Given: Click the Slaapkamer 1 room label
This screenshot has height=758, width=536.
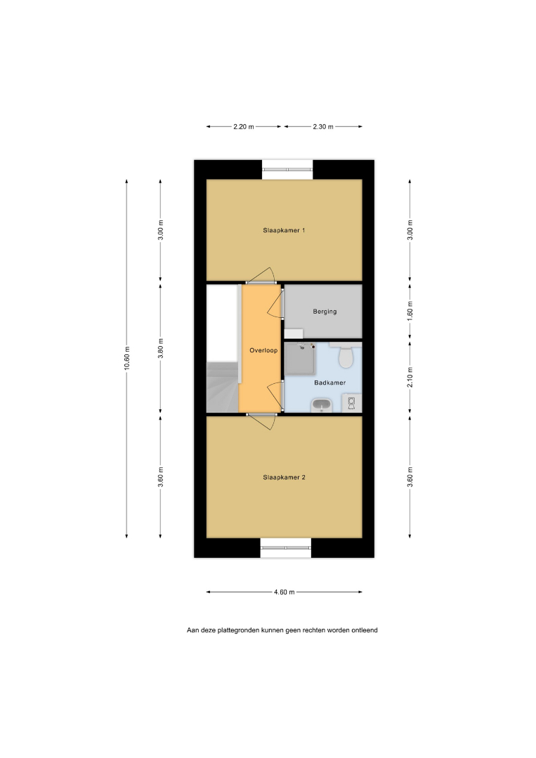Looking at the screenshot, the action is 284,231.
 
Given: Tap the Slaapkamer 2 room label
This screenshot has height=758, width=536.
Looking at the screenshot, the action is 284,477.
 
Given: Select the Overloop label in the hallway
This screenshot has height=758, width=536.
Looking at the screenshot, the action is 263,350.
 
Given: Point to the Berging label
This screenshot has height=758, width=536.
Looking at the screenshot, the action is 325,312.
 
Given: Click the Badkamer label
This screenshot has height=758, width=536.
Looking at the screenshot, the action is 330,383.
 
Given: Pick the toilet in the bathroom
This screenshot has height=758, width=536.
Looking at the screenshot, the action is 346,355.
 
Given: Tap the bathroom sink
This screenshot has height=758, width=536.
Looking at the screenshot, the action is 321,405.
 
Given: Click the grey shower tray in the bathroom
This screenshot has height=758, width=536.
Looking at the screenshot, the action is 300,359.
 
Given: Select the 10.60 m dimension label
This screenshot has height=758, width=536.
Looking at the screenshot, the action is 127,358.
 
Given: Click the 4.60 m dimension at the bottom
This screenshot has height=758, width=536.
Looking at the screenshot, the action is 285,592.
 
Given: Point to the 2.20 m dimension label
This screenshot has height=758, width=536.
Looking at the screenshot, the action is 243,126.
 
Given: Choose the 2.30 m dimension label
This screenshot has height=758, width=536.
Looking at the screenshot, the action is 322,126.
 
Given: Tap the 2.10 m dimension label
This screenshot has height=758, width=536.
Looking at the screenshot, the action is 410,377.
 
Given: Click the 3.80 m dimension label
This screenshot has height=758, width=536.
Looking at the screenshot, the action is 161,348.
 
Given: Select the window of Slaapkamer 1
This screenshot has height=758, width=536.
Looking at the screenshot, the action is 287,170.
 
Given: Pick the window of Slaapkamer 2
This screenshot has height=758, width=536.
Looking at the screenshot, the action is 286,547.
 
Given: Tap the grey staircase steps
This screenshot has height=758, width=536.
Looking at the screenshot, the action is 223,387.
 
